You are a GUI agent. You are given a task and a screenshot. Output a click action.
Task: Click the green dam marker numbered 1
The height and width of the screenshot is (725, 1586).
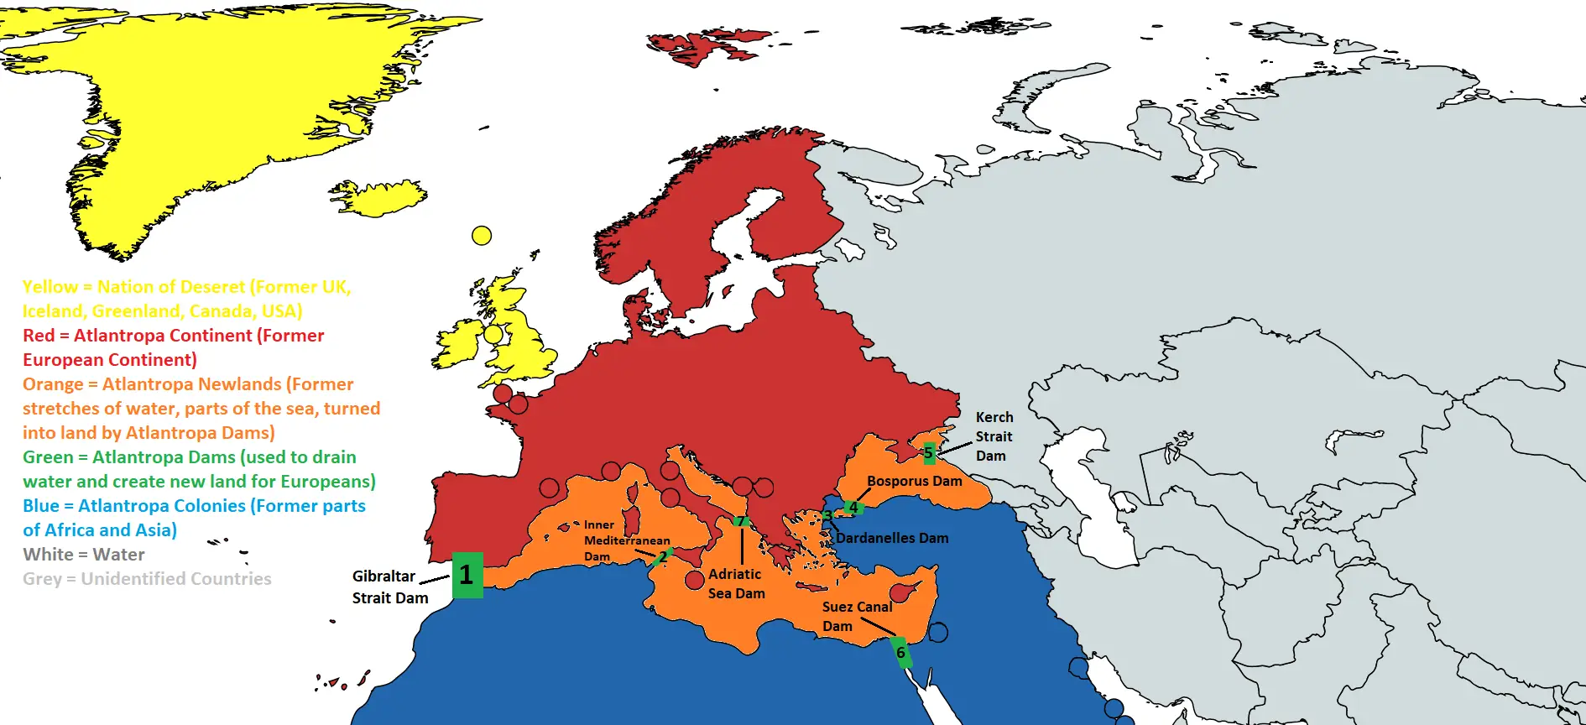click(x=467, y=575)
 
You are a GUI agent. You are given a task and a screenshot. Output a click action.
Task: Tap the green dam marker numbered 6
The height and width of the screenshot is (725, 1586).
click(x=901, y=653)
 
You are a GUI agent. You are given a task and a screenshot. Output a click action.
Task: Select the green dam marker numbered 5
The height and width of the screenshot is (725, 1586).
click(x=928, y=453)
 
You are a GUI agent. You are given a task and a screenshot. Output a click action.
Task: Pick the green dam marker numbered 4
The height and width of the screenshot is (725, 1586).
click(x=853, y=508)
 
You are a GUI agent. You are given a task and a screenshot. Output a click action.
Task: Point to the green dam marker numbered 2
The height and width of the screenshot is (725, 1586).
click(x=662, y=557)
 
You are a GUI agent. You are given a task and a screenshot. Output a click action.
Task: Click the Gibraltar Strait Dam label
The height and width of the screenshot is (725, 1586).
click(x=389, y=587)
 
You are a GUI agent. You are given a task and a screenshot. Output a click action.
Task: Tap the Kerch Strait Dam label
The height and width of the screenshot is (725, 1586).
click(x=994, y=436)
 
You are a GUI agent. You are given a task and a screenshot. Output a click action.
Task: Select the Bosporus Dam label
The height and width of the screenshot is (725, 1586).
click(x=914, y=481)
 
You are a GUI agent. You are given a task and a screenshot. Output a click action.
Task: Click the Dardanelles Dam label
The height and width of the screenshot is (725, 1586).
click(x=892, y=538)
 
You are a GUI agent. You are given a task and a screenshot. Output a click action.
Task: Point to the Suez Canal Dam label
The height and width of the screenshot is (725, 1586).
click(x=856, y=616)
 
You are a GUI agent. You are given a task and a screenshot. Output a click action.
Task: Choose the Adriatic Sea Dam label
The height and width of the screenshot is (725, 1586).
click(x=736, y=583)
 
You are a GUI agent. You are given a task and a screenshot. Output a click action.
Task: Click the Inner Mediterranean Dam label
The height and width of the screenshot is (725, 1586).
click(x=626, y=540)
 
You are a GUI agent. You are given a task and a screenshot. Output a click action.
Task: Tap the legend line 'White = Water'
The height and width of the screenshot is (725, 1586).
click(x=84, y=555)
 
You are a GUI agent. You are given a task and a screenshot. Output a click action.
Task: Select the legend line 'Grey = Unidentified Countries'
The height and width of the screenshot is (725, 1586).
click(x=147, y=579)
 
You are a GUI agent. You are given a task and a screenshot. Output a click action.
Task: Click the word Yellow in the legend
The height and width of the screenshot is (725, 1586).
click(x=50, y=287)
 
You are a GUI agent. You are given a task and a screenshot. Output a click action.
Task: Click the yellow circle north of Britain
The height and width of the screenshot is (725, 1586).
click(x=482, y=236)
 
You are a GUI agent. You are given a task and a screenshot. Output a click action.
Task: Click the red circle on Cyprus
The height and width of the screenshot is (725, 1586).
click(x=900, y=592)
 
